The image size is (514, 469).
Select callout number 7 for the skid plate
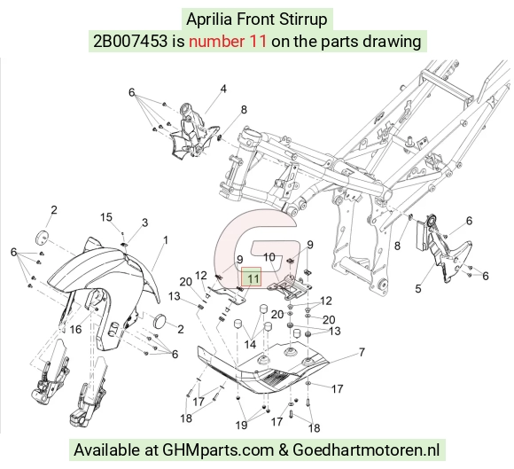[362, 352]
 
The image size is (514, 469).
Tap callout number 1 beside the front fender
[166, 240]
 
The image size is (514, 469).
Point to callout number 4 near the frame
[223, 89]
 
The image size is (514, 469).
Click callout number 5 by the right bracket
[418, 289]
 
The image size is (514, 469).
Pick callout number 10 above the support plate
[269, 257]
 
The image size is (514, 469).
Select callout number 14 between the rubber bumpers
[250, 344]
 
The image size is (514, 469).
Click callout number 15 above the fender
[106, 217]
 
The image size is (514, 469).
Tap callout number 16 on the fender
[75, 329]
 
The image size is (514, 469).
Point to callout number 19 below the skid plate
[241, 425]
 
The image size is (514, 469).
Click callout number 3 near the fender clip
[144, 223]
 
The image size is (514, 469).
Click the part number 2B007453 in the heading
[130, 42]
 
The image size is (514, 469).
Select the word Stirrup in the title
[303, 20]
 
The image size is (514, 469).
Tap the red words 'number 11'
[228, 42]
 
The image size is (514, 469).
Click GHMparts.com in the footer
[218, 450]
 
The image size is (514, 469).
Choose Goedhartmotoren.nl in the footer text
[366, 449]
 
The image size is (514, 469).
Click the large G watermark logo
[257, 247]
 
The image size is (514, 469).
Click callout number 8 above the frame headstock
[244, 110]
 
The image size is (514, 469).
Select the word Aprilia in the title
[209, 20]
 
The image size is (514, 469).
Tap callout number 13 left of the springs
[175, 296]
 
